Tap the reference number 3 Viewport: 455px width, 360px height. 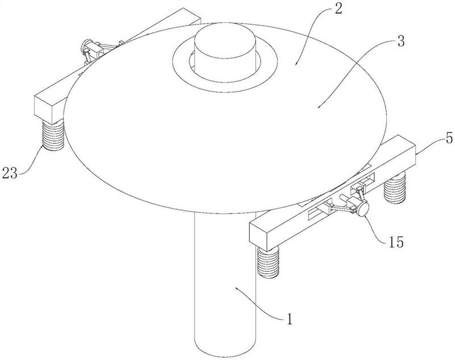(401, 42)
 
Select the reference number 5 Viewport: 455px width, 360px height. (449, 138)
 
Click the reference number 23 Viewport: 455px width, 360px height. (10, 173)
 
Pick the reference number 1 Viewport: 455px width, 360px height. (289, 319)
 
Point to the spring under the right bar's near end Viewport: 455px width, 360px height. (268, 263)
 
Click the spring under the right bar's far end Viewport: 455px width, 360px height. (394, 188)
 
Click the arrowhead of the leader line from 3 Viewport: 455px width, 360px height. (318, 107)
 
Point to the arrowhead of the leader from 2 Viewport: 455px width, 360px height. (296, 63)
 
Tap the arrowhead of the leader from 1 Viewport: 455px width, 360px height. (237, 288)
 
